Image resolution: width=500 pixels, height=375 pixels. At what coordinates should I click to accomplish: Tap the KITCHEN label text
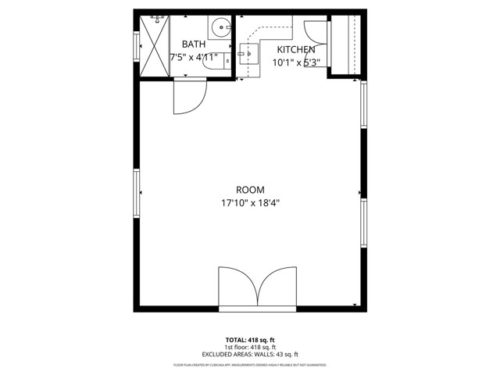pyautogui.click(x=294, y=49)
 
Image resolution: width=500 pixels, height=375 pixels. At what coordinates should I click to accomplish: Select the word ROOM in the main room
pyautogui.click(x=250, y=190)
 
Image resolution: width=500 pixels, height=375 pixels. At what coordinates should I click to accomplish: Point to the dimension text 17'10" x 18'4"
pyautogui.click(x=250, y=203)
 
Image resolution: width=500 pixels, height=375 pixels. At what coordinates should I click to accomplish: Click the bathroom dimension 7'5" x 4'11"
pyautogui.click(x=194, y=57)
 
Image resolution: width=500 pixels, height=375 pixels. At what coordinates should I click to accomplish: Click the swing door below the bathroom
pyautogui.click(x=187, y=94)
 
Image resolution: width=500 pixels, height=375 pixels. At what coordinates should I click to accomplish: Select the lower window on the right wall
pyautogui.click(x=362, y=223)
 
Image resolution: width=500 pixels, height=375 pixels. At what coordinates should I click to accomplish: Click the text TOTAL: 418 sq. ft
pyautogui.click(x=250, y=340)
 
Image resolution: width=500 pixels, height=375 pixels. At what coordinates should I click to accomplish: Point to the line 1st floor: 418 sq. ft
pyautogui.click(x=250, y=347)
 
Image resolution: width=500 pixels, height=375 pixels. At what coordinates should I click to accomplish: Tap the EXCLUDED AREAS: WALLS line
pyautogui.click(x=250, y=355)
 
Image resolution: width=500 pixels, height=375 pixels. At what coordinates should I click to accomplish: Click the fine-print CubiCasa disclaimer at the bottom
pyautogui.click(x=250, y=365)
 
